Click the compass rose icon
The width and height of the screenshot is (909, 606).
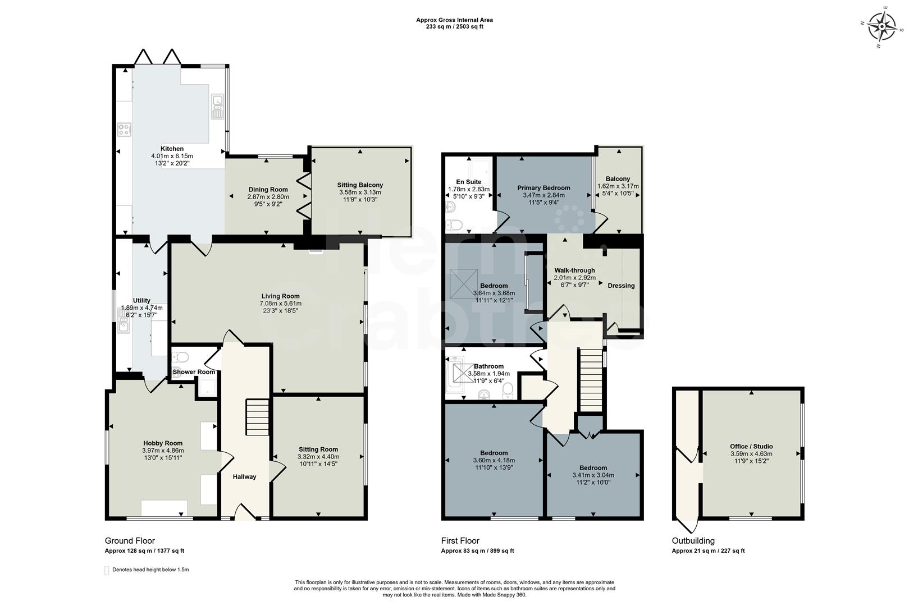(882, 27)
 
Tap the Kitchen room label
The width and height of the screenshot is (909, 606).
(172, 149)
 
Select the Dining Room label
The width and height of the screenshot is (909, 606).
(268, 190)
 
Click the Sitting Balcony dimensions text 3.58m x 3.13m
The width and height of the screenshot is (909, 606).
(360, 192)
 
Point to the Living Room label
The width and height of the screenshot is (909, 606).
(280, 296)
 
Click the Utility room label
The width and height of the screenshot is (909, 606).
(141, 300)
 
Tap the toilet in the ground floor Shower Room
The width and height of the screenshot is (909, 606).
(180, 357)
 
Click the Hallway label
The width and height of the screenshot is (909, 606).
(244, 476)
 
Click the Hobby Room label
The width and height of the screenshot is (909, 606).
(163, 443)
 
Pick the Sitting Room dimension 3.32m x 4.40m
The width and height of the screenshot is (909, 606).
(318, 457)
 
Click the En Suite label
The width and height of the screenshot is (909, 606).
(468, 182)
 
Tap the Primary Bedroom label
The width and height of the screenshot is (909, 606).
(543, 188)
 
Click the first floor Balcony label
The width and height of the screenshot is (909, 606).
(618, 179)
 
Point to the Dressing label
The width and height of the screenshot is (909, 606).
(621, 286)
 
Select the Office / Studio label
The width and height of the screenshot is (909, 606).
(751, 447)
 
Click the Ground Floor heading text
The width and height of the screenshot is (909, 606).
(130, 541)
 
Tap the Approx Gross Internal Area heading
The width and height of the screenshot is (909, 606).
(454, 20)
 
